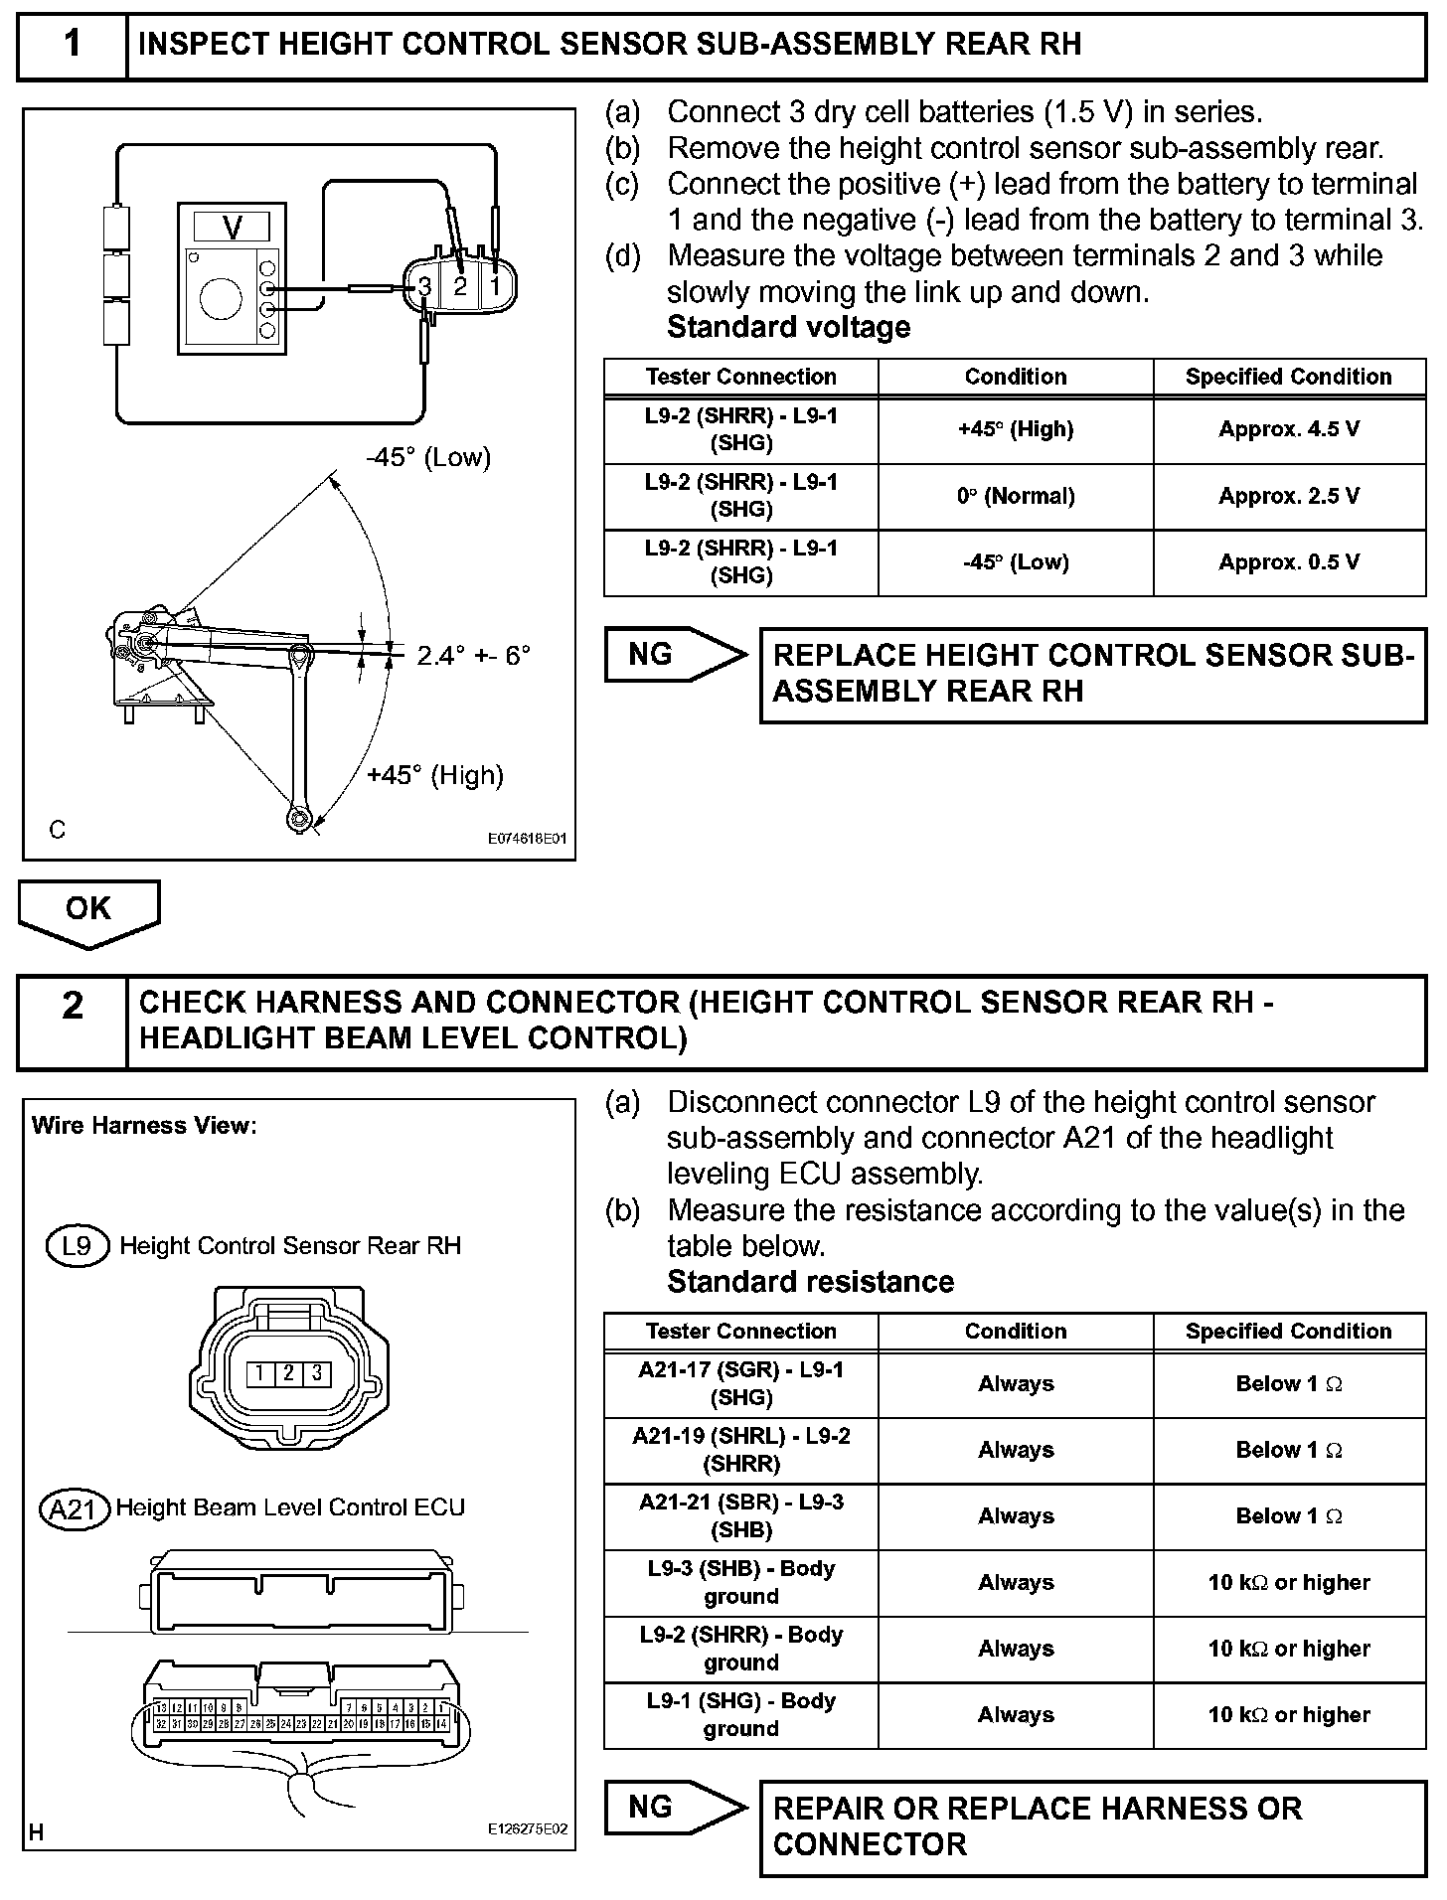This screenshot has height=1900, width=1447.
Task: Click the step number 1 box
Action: (73, 46)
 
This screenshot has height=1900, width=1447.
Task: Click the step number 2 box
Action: (73, 1022)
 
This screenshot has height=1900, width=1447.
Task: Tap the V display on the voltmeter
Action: (233, 228)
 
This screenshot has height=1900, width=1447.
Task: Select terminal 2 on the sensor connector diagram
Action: (460, 287)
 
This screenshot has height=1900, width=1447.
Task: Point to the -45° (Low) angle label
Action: (428, 457)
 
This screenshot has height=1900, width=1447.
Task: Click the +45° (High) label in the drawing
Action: (435, 775)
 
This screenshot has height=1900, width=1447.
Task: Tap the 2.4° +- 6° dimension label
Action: (473, 655)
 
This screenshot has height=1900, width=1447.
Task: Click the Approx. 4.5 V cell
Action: (1289, 430)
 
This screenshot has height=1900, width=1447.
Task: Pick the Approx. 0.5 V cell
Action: (1289, 562)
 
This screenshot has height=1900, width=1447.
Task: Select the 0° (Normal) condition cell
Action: (1015, 496)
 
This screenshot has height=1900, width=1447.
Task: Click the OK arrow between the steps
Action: (88, 910)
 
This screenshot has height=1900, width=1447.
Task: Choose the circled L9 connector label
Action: (77, 1245)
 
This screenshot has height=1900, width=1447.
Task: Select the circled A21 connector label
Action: (73, 1509)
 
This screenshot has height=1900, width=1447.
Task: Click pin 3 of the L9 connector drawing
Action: (316, 1373)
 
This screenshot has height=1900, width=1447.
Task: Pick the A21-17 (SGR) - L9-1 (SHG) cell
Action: (741, 1383)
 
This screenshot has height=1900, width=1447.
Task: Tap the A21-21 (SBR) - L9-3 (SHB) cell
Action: (741, 1515)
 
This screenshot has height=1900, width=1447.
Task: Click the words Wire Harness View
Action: (144, 1126)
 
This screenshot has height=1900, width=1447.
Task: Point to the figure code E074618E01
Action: (526, 839)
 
